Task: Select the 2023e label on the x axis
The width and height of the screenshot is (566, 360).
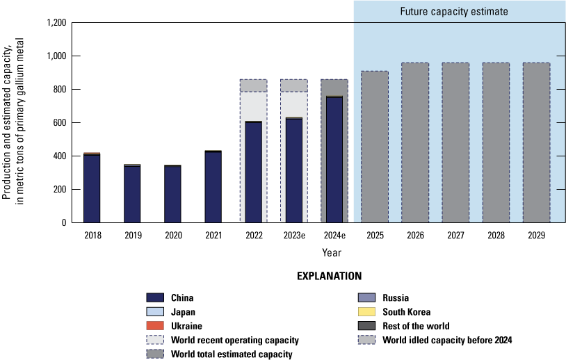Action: [x=295, y=236]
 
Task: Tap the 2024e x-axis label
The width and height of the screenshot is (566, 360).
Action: [x=335, y=236]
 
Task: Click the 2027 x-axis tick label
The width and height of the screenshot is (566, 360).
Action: [x=455, y=236]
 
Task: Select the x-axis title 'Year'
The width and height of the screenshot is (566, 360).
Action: [x=331, y=252]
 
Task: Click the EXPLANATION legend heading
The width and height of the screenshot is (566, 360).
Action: [x=330, y=276]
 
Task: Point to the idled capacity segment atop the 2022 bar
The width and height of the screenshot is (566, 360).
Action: [x=254, y=85]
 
